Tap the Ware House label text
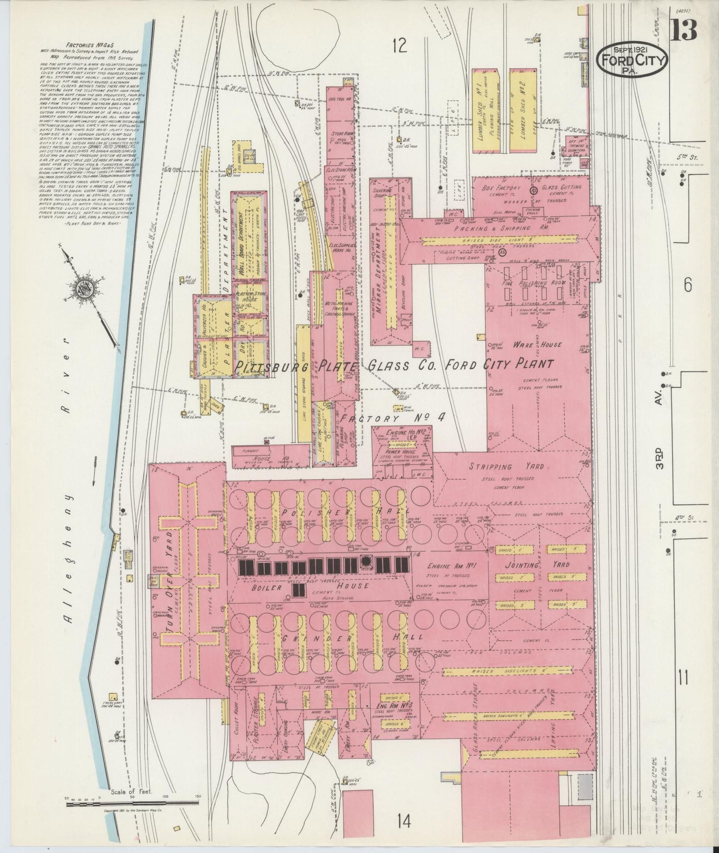[538, 344]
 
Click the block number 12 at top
[399, 47]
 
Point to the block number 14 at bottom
[404, 823]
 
